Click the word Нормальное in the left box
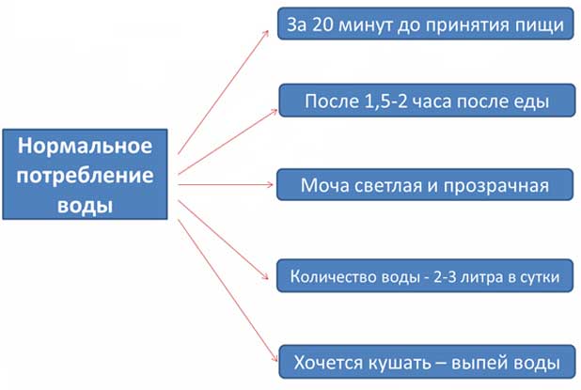(x=85, y=146)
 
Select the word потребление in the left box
(x=85, y=176)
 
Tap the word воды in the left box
(x=85, y=205)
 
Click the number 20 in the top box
(x=322, y=24)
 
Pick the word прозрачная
(x=495, y=186)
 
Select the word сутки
(x=541, y=277)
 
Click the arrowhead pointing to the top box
(x=266, y=33)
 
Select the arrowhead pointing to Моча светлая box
(x=270, y=184)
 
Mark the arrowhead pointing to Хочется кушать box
(x=275, y=358)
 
